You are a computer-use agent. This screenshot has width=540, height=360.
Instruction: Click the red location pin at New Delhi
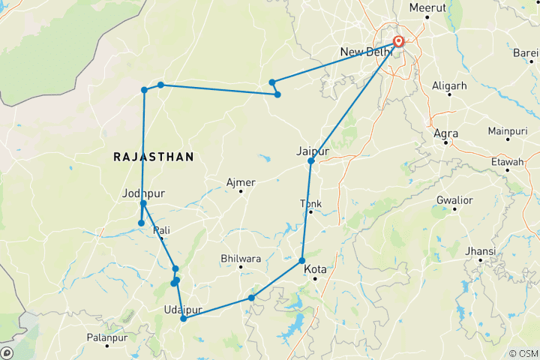[398, 41]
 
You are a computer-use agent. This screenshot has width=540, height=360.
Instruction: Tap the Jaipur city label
[313, 151]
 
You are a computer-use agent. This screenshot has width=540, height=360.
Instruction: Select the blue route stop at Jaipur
[310, 160]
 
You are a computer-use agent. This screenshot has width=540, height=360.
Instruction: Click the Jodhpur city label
[142, 193]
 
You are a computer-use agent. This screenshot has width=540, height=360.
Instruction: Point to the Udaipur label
[181, 309]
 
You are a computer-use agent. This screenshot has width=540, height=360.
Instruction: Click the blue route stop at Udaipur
[184, 319]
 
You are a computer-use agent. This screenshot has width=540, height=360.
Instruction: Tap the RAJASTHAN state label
[154, 157]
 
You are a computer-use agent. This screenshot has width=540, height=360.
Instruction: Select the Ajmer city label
[241, 182]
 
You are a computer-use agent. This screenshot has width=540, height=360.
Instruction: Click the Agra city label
[445, 133]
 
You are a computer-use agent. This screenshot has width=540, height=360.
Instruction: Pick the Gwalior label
[455, 200]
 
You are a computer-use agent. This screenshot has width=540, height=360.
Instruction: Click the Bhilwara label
[240, 259]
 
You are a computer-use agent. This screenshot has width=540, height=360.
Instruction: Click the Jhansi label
[480, 250]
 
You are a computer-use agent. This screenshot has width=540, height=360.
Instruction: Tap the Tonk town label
[310, 203]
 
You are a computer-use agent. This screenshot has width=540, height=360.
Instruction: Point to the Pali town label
[162, 229]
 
